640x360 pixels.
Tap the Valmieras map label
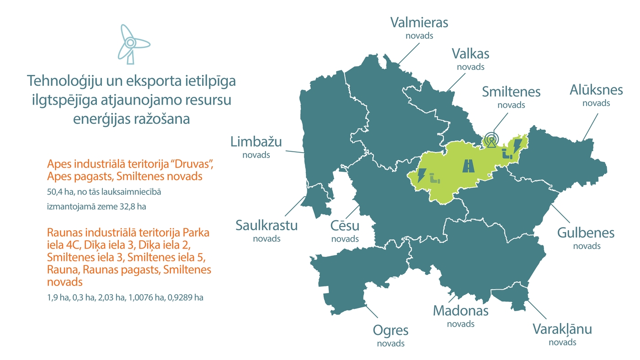tap(419, 22)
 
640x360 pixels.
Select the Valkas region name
tap(470, 54)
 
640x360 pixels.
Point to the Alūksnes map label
tap(596, 90)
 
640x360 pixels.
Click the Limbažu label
tap(256, 142)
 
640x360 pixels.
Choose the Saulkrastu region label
tap(267, 225)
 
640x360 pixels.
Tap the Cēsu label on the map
tap(345, 226)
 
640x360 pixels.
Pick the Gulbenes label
tap(586, 233)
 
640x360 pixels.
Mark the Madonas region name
tap(460, 311)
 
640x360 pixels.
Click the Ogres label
tap(390, 330)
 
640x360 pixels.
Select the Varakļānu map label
tap(562, 329)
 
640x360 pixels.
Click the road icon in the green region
tap(469, 165)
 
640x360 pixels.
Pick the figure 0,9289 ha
tap(186, 297)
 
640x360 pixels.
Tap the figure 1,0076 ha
tap(146, 297)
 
